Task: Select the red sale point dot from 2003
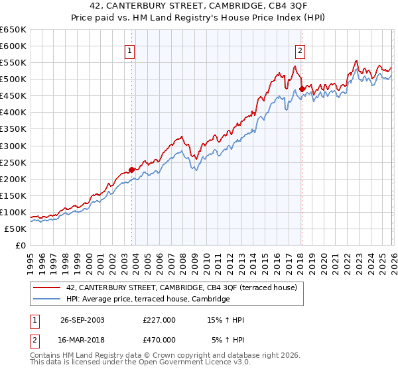131,170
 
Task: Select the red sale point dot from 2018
302,88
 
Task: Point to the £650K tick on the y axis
13,30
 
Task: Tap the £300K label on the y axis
13,146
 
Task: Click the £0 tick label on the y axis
21,245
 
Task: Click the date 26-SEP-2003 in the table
82,320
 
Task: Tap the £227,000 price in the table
159,320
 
